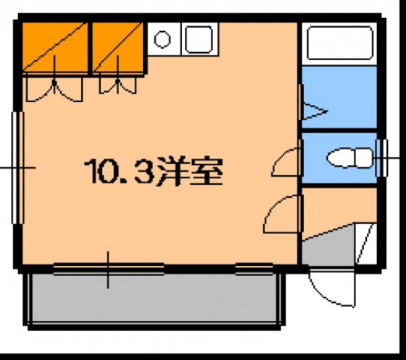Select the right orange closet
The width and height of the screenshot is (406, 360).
click(117, 47)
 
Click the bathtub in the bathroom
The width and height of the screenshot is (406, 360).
click(339, 44)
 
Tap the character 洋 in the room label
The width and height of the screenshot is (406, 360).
click(168, 172)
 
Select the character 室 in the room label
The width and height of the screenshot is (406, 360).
click(204, 172)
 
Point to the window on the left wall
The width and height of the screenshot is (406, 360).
click(16, 167)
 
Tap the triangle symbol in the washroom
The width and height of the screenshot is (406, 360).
click(314, 112)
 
